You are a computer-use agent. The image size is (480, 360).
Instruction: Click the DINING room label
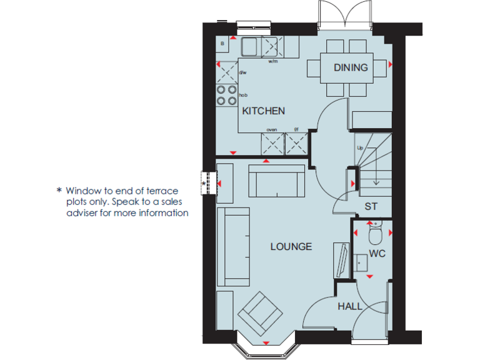351,67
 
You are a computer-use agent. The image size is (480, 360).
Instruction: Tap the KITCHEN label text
263,111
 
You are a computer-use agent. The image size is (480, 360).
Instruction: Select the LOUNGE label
291,247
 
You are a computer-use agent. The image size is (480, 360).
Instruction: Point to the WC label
377,254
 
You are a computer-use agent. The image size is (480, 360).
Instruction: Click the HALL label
349,306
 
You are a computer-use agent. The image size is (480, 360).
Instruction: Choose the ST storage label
371,206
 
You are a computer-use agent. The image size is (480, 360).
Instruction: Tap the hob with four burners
226,95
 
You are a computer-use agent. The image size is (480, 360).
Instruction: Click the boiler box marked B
223,43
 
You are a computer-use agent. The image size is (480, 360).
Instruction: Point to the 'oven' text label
272,129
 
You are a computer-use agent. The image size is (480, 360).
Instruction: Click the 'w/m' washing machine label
273,62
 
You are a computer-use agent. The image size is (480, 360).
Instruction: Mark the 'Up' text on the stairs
360,147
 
